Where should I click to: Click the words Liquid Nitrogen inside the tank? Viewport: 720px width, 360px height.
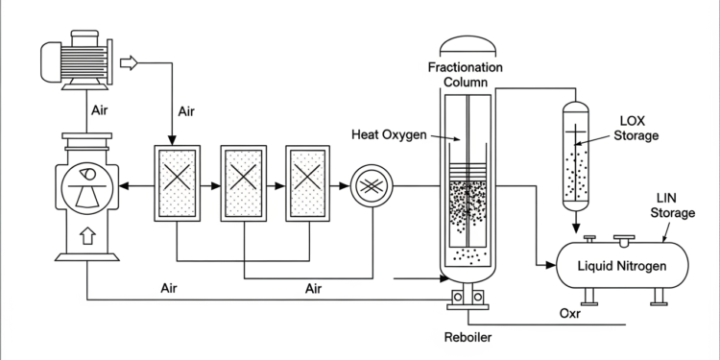tap(622, 265)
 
